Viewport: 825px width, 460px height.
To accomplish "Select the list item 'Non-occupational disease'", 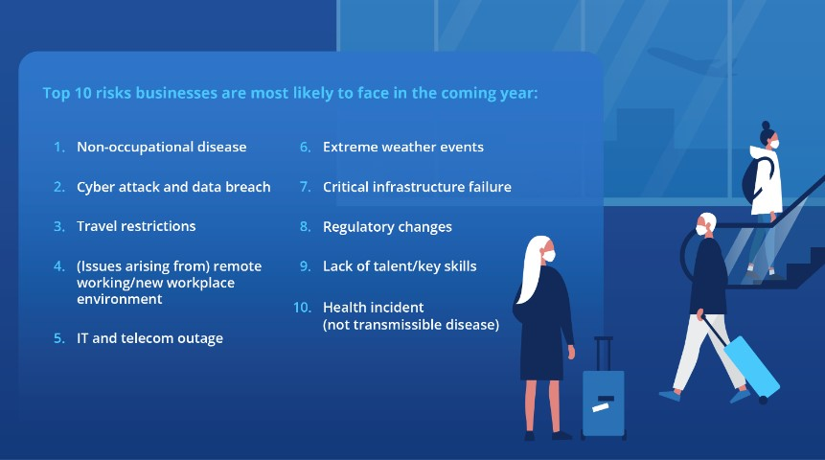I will pos(161,147).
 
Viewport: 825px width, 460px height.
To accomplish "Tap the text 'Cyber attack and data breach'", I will pos(173,187).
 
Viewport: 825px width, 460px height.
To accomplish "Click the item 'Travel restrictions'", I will pos(136,226).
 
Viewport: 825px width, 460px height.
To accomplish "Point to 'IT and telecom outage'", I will pos(149,338).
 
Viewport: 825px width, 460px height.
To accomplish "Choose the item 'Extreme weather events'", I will pos(402,147).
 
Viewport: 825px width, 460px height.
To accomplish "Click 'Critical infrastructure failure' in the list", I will pos(417,187).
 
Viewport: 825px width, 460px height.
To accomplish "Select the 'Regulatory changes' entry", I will pos(387,227).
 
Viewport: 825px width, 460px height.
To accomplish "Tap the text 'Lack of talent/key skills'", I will pos(400,266).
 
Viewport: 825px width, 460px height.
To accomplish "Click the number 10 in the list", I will pos(302,307).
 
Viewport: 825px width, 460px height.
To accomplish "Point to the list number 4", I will pos(58,266).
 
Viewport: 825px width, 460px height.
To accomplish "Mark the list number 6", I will pos(305,147).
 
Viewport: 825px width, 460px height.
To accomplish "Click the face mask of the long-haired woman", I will pos(548,256).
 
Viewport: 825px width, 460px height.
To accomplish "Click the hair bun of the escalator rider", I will pos(765,126).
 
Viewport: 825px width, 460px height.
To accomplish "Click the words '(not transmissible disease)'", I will pos(410,324).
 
